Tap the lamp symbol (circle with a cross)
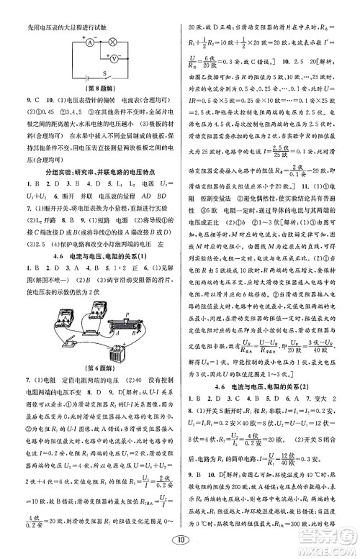tap(112, 41)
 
